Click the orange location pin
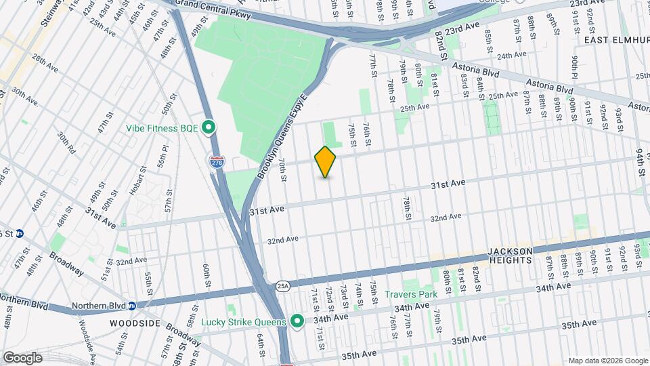tap(326, 162)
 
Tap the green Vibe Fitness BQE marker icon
tap(209, 127)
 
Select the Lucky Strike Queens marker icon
tap(297, 320)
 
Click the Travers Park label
tap(411, 294)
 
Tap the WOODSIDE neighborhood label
tap(134, 323)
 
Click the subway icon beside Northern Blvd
tap(132, 305)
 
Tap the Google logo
tap(22, 357)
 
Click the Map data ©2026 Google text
tap(607, 361)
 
